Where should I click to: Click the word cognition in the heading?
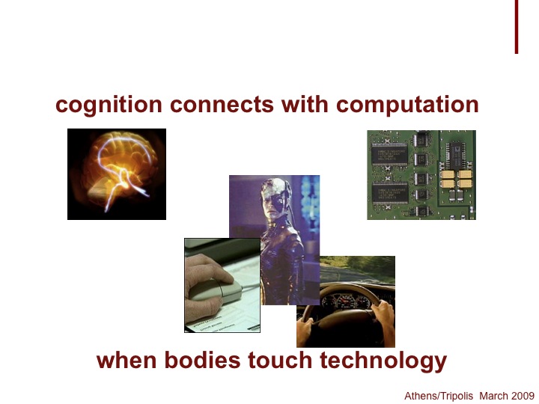(x=109, y=105)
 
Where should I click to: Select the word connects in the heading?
(x=222, y=105)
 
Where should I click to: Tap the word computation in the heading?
(x=407, y=105)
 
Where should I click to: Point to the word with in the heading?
(x=305, y=104)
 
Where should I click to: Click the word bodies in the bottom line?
(x=202, y=360)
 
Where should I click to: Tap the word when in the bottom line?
(x=127, y=360)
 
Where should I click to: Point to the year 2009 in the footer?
(x=523, y=396)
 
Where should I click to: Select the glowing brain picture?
(x=117, y=174)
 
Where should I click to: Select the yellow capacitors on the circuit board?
(x=456, y=179)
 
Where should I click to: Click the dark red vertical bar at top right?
(x=517, y=27)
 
